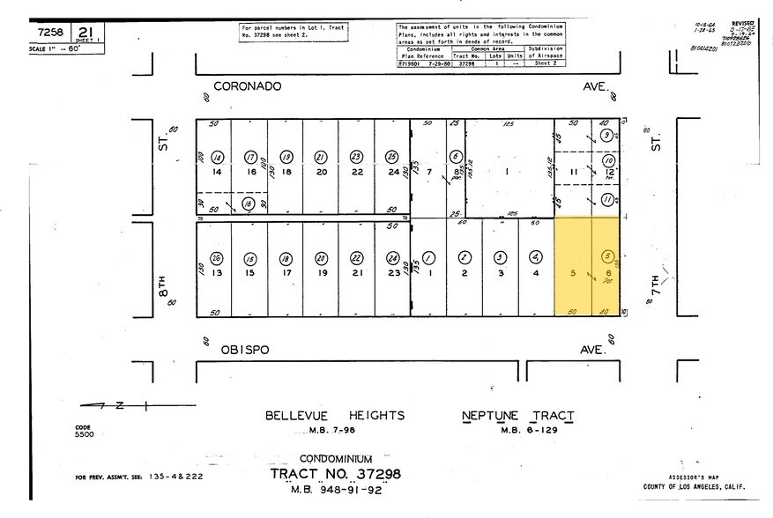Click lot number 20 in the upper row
coord(322,173)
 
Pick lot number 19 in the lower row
coord(322,273)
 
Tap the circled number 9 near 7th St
coord(607,136)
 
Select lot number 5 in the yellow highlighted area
coord(574,273)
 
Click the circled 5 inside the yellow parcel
coord(606,256)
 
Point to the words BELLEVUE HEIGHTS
coord(335,415)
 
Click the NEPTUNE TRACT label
coord(517,415)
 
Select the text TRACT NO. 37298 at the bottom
coord(336,474)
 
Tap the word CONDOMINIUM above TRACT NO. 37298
coord(336,459)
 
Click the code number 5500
coord(84,434)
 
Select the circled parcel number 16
coord(249,203)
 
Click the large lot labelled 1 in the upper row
coord(508,172)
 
